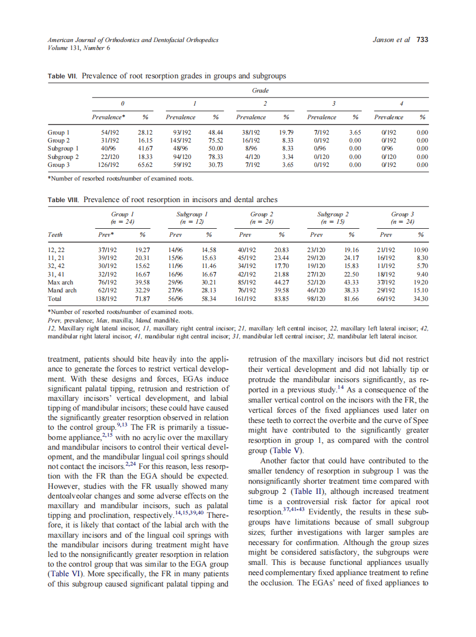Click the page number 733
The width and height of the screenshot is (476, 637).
click(x=422, y=40)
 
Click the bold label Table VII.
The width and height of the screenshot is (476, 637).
click(x=64, y=76)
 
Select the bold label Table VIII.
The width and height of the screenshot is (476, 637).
click(x=65, y=200)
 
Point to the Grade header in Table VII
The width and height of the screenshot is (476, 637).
click(x=260, y=91)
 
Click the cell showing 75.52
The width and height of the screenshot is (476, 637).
click(x=215, y=140)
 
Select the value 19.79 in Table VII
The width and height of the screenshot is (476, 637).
click(x=286, y=132)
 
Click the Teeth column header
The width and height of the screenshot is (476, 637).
click(x=56, y=234)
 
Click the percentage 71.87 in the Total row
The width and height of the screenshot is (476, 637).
click(x=142, y=298)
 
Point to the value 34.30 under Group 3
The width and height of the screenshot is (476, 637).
click(x=420, y=298)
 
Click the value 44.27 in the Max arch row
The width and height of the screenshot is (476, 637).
click(x=282, y=282)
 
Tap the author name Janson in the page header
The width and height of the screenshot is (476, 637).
click(x=383, y=40)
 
